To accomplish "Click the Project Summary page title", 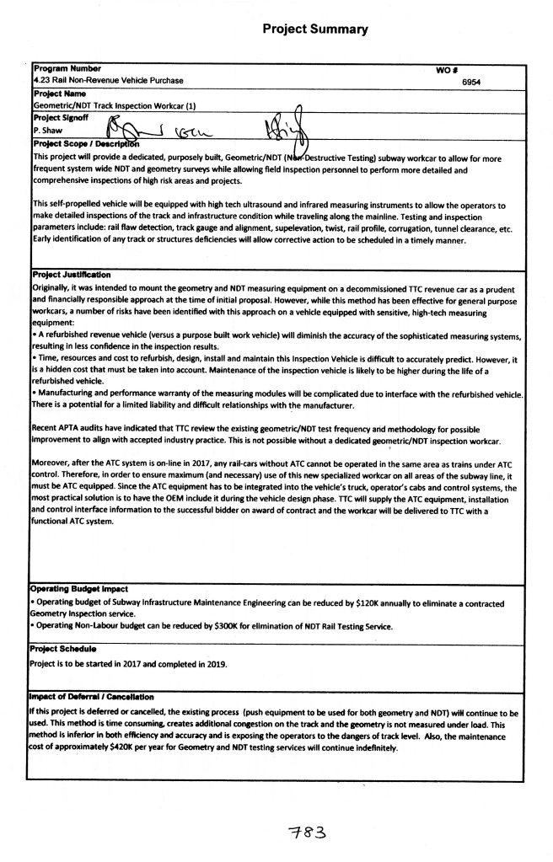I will [x=314, y=29].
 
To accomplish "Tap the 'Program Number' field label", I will [x=67, y=68].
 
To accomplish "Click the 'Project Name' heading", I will [x=59, y=94].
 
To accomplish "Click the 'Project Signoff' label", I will [x=64, y=119].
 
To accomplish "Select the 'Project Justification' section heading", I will [x=72, y=275].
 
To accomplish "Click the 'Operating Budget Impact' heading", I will [x=80, y=590].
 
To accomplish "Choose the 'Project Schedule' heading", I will [x=64, y=649].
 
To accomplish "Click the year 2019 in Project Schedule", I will [x=217, y=663].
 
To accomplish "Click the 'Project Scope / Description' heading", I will [x=85, y=143].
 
